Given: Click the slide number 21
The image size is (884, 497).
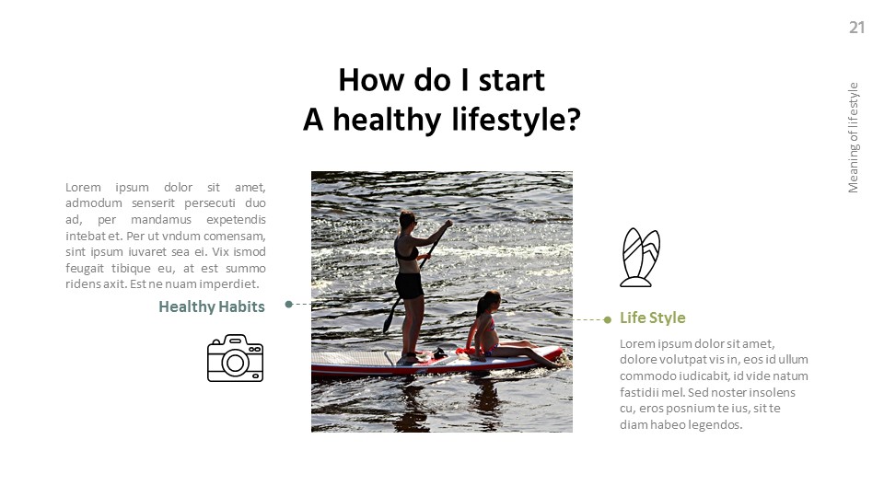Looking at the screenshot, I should pos(856,28).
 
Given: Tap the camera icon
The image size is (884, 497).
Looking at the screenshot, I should pos(235,358).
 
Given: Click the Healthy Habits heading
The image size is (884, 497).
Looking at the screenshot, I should pos(212,306).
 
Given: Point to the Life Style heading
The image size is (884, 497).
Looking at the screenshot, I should pos(652,318).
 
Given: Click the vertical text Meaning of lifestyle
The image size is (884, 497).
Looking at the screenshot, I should pos(854,138).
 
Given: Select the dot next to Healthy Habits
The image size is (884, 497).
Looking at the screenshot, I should pos(289,304).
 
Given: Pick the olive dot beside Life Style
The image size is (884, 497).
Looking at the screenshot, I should pos(608,319).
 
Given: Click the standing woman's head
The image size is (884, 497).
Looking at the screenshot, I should pos(407,220).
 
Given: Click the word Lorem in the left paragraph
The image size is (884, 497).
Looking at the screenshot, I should pos(83,187).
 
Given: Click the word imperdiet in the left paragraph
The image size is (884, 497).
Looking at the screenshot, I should pos(229,284).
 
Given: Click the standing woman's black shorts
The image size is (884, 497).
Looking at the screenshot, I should pos(410,285).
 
